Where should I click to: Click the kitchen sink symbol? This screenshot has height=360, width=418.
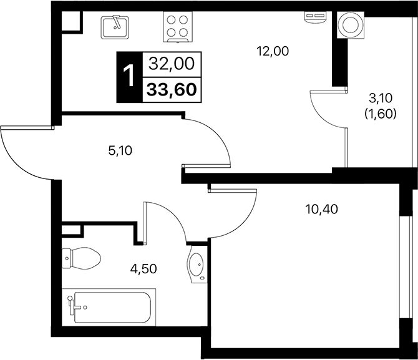[114, 26]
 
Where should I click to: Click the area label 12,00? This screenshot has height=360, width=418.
[273, 52]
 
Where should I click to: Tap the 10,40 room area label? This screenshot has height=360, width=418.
[322, 209]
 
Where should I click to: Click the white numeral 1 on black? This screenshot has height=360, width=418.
[130, 76]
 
